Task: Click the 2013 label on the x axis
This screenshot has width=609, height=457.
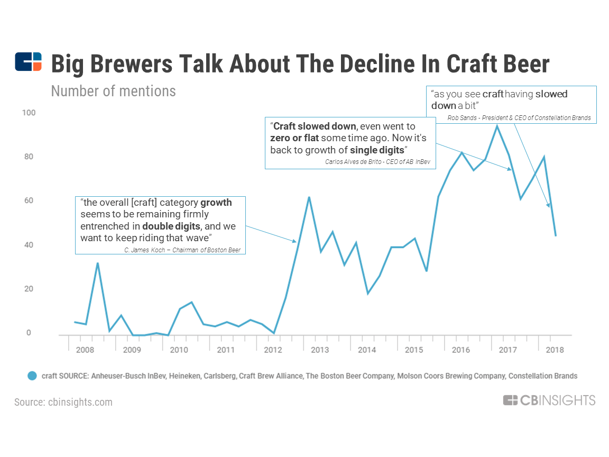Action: pyautogui.click(x=320, y=350)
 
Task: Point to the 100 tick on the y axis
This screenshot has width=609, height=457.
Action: pyautogui.click(x=29, y=113)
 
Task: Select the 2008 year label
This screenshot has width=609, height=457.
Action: pyautogui.click(x=86, y=350)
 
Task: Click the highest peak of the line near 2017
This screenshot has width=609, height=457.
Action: pyautogui.click(x=497, y=125)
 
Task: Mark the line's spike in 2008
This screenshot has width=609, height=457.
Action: pyautogui.click(x=97, y=263)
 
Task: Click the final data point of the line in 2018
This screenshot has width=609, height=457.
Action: pyautogui.click(x=556, y=235)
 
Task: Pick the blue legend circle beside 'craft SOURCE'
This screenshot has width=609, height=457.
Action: pyautogui.click(x=32, y=376)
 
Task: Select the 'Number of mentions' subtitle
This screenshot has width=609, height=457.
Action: pyautogui.click(x=113, y=91)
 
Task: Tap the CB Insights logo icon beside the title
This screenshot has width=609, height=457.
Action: pyautogui.click(x=28, y=62)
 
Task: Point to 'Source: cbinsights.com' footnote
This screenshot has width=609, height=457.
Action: pyautogui.click(x=63, y=402)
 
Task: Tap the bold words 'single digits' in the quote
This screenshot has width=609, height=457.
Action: pyautogui.click(x=377, y=150)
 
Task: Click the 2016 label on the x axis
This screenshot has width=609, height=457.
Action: pyautogui.click(x=460, y=350)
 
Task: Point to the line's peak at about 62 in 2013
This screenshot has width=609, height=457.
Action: pyautogui.click(x=309, y=197)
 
